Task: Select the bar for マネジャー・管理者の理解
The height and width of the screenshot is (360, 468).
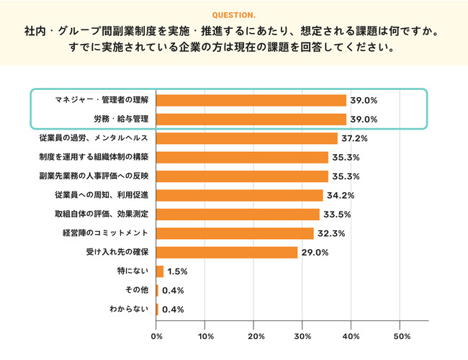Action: (x=251, y=101)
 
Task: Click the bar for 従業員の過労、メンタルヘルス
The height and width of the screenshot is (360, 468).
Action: (x=247, y=138)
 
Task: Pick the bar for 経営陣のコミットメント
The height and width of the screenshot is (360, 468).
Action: (x=235, y=233)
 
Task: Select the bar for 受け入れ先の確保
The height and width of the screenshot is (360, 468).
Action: (x=227, y=252)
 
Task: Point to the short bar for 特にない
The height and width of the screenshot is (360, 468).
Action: (x=160, y=271)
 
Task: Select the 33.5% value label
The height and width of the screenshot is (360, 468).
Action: (x=334, y=215)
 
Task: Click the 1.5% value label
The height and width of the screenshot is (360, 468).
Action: (x=177, y=271)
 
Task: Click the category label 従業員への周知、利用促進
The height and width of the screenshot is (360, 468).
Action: (x=102, y=195)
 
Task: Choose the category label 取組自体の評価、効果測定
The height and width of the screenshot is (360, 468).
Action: (x=102, y=215)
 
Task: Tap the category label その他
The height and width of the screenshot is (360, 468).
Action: (x=136, y=290)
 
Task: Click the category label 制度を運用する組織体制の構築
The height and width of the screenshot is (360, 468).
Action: (x=94, y=157)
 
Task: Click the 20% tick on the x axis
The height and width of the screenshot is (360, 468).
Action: (x=254, y=336)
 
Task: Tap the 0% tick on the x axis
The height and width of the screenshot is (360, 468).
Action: (x=156, y=336)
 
